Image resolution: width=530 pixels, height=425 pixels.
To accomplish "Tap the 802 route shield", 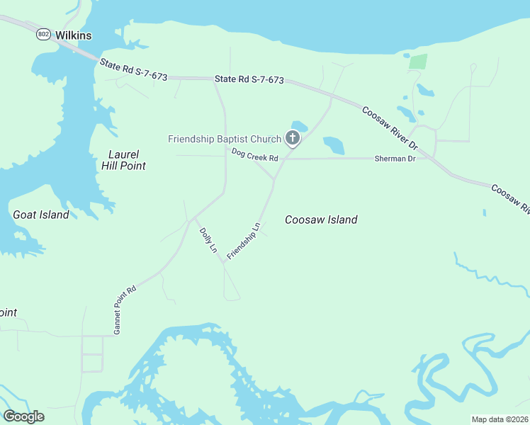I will click(44, 34).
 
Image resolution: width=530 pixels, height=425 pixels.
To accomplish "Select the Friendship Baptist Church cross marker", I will click(292, 138).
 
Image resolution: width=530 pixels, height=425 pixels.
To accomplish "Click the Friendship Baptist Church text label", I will click(225, 139).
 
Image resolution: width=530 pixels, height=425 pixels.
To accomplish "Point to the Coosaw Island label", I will click(321, 220).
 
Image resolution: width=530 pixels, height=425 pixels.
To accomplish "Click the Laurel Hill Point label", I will click(127, 160).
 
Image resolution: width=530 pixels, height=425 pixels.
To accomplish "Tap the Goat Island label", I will click(41, 215).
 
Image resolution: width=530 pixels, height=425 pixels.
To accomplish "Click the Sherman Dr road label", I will click(395, 159).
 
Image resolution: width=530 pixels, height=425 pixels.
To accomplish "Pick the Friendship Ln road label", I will click(244, 241).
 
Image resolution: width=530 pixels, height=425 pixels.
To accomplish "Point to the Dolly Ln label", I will click(208, 240).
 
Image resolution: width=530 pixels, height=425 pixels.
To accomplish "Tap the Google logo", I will click(23, 416).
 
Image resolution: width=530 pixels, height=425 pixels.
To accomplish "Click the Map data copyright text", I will click(500, 419).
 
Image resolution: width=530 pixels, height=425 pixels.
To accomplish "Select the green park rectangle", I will click(418, 61).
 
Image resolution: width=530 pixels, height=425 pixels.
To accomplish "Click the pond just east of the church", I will click(334, 145).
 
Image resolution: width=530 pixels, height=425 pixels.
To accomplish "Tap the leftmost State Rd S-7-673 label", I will click(133, 69).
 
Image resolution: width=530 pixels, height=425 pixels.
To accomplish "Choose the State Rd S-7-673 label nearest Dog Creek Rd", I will click(249, 80).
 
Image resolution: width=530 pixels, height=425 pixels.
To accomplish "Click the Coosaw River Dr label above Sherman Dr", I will click(390, 127).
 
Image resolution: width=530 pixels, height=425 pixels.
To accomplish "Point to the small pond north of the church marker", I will click(299, 126).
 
